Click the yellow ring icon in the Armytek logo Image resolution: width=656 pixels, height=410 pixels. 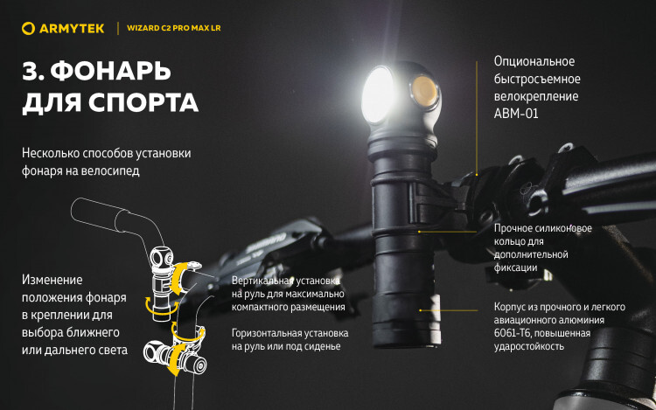[28, 29]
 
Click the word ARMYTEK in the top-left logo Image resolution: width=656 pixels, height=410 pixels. [72, 29]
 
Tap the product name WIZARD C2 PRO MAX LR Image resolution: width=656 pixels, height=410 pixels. [174, 28]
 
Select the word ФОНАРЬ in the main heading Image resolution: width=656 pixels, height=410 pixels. [110, 71]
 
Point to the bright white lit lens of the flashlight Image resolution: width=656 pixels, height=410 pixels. [377, 94]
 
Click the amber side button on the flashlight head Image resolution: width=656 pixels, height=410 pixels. [424, 91]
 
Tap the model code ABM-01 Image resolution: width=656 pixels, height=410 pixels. [516, 114]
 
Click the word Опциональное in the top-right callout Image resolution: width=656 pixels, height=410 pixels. [534, 61]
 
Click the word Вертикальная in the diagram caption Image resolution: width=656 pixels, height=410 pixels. [260, 281]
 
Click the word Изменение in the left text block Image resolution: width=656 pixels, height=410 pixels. [52, 280]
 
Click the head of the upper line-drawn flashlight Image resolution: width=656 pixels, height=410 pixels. [162, 258]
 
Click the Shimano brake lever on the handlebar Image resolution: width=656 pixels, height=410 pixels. [268, 247]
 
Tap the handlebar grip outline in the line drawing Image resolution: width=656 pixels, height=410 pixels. [99, 214]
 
